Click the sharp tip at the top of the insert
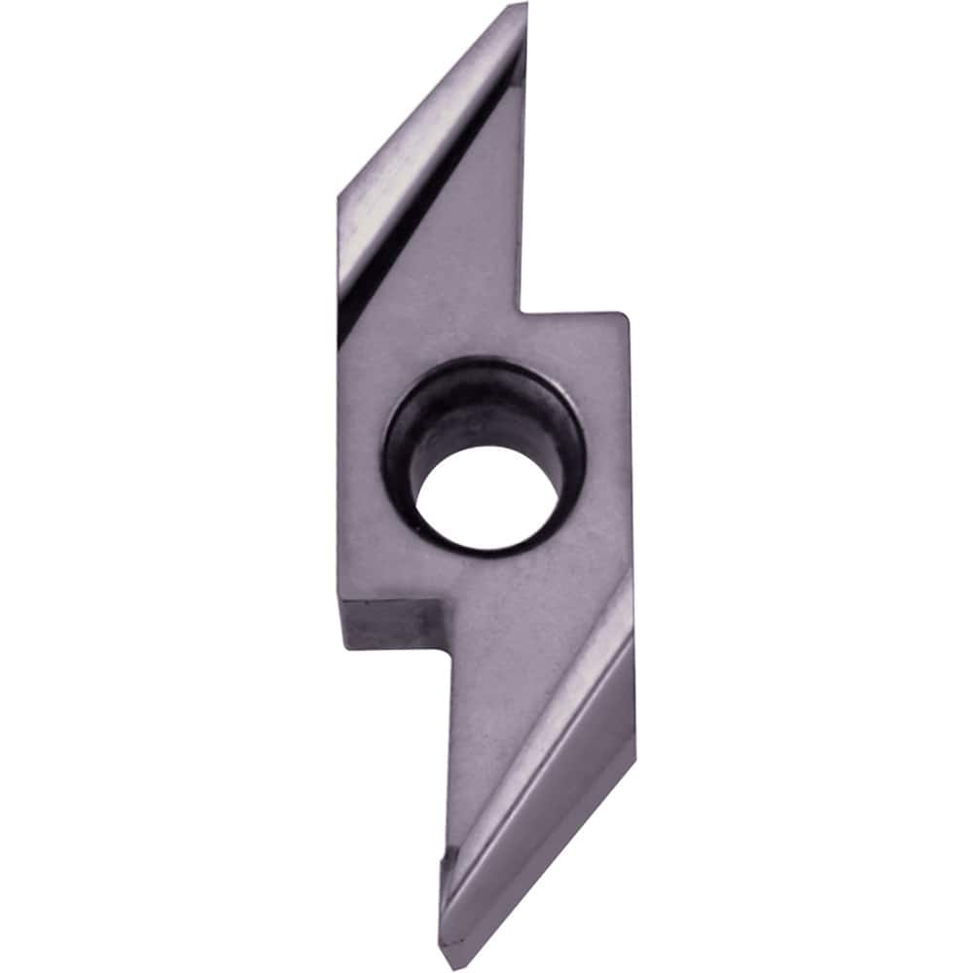click(x=526, y=6)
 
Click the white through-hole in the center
click(x=486, y=496)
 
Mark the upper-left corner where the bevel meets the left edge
click(x=339, y=198)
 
